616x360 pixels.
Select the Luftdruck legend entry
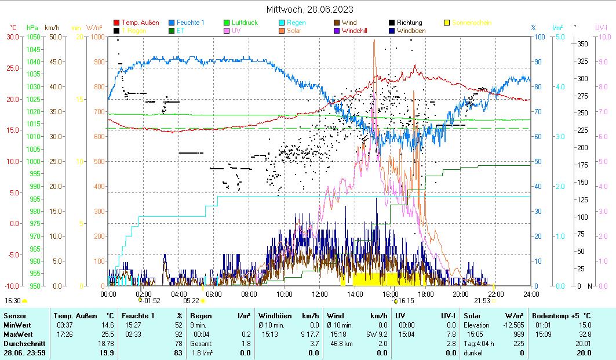click(x=244, y=23)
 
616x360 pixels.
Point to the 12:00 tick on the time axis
click(x=320, y=294)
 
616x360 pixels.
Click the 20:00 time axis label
click(x=461, y=294)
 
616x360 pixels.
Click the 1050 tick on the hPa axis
click(x=33, y=37)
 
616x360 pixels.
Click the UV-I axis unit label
click(x=601, y=27)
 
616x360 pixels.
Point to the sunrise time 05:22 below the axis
click(x=191, y=301)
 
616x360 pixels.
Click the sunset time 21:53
click(x=482, y=301)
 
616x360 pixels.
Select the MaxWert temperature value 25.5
click(x=106, y=334)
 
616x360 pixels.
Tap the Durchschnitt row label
click(x=21, y=343)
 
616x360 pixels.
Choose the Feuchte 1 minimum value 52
click(x=178, y=325)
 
